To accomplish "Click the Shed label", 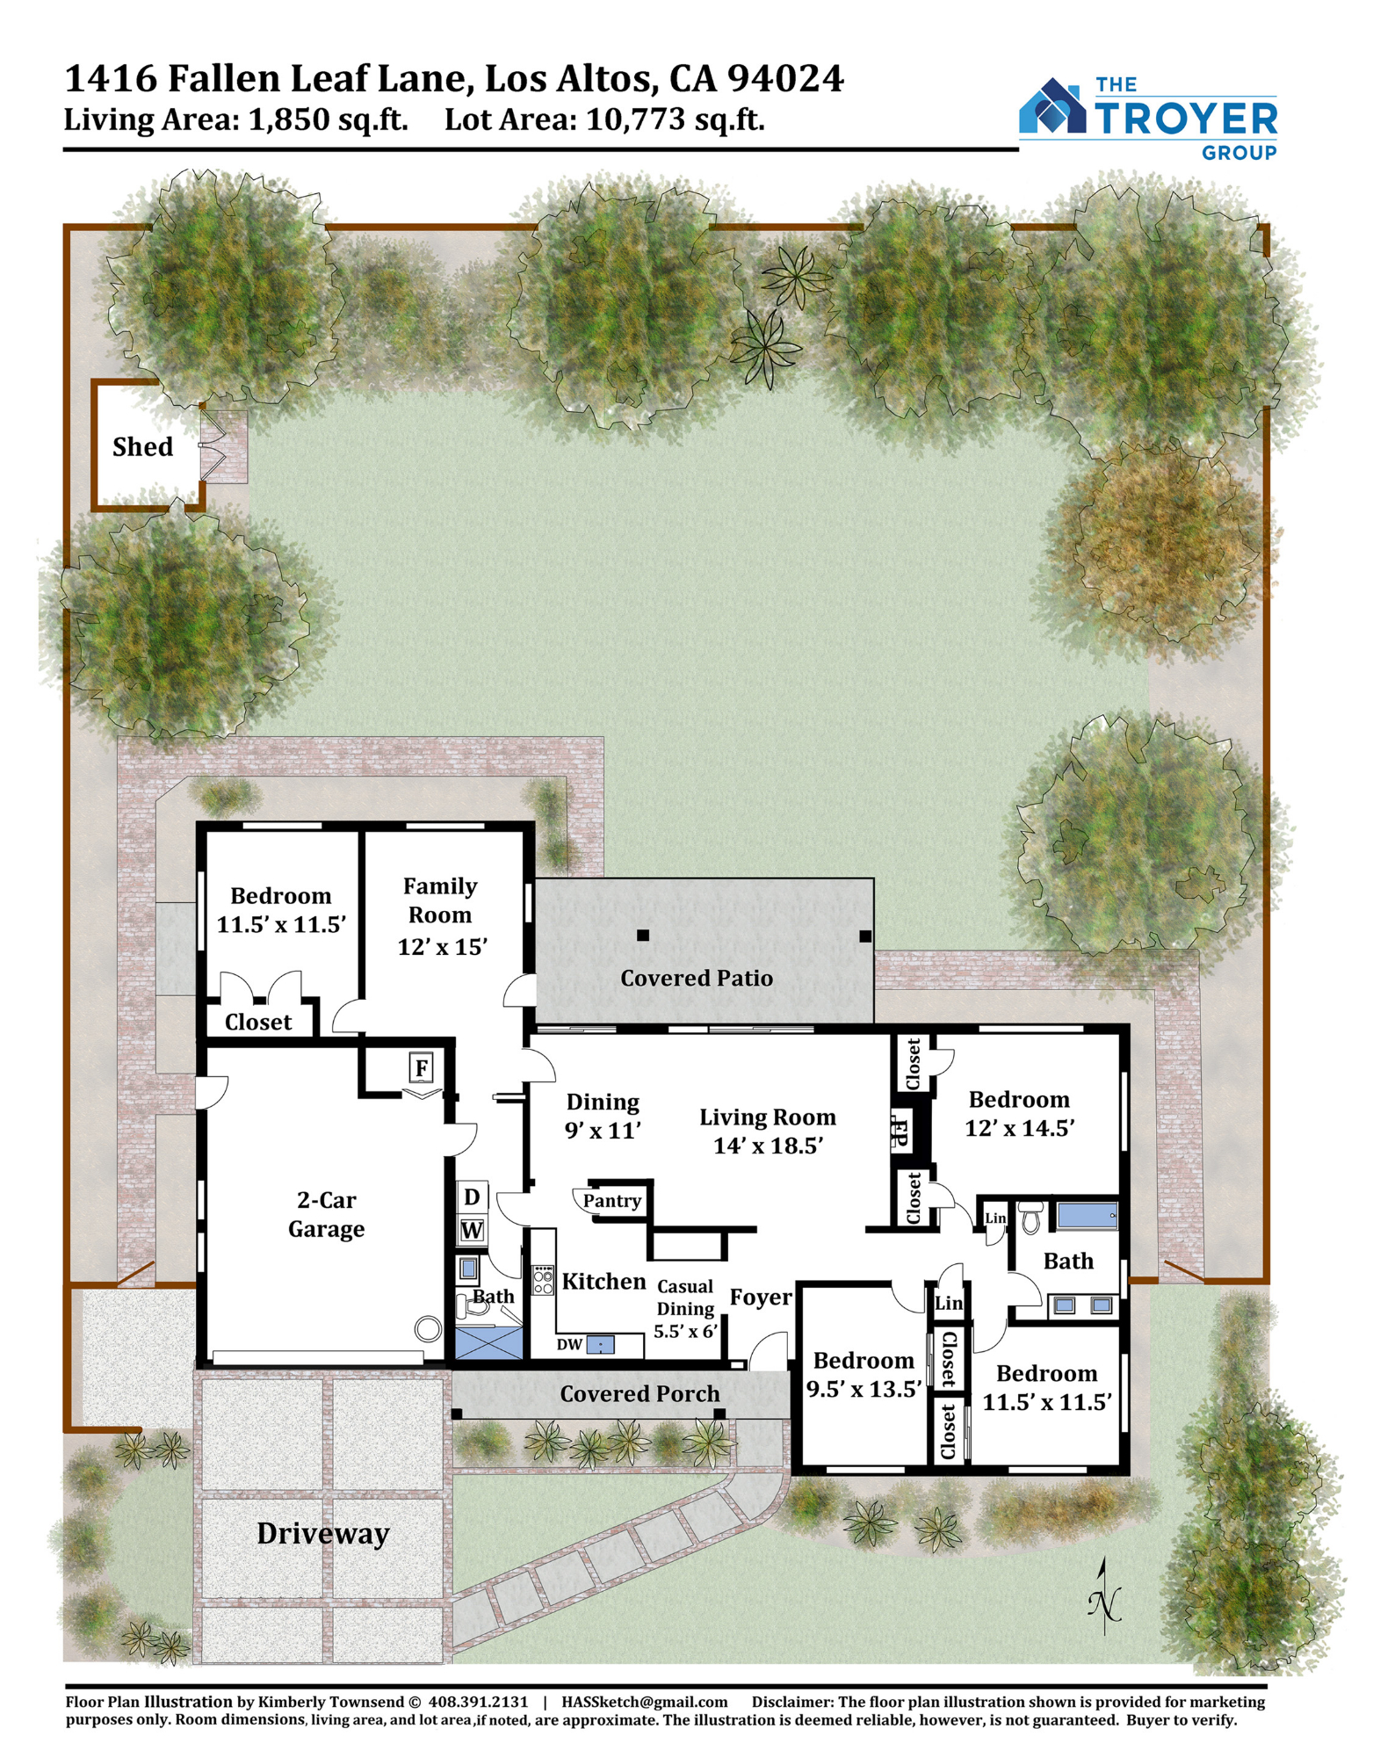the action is [142, 446].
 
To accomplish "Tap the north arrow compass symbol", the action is [1105, 1596].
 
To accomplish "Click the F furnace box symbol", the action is [422, 1068].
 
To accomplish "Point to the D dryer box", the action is [472, 1197].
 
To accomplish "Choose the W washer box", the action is [472, 1230].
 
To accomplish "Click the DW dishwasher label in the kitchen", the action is [570, 1344].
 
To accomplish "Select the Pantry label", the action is [612, 1201].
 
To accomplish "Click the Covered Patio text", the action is [697, 978].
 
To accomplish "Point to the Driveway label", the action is [322, 1534].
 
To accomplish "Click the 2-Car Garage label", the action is [327, 1214].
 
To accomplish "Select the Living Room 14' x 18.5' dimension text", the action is [768, 1146].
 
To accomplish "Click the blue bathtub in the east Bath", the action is [1088, 1217].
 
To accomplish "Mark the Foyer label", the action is [761, 1298].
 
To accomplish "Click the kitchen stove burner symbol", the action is [543, 1279].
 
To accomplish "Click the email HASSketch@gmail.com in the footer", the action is [645, 1702].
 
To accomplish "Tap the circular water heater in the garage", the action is [428, 1329].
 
